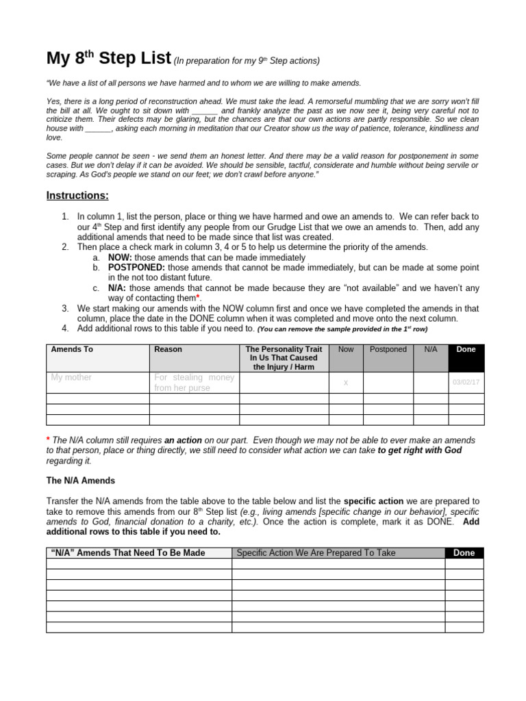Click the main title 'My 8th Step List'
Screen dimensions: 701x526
108,59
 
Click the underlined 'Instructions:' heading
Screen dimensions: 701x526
77,196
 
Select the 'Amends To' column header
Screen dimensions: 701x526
72,349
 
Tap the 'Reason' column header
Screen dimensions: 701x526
168,349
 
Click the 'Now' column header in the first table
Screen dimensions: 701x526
346,349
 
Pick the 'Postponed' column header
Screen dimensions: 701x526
388,349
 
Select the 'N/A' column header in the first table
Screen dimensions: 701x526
430,349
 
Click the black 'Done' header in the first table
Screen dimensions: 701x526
466,349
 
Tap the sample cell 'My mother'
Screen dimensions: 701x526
71,377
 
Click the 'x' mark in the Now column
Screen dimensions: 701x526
346,383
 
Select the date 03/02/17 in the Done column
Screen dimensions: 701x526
466,383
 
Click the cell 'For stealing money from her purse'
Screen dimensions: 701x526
194,383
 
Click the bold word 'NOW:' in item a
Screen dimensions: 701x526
119,257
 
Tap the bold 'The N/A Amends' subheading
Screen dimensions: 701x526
80,481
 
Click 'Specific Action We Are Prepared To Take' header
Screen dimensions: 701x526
316,552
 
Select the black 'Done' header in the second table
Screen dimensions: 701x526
464,553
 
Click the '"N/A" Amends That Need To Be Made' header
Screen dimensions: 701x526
128,552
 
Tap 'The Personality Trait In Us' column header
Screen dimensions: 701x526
284,358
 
